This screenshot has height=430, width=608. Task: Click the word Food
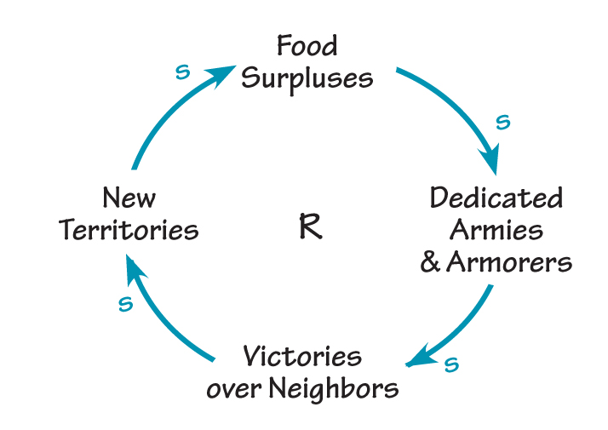[x=307, y=46]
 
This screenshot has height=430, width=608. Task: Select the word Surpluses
[x=307, y=78]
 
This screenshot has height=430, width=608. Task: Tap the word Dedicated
[x=496, y=198]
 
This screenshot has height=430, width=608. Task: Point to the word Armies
[x=496, y=230]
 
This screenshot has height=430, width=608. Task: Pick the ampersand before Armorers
[x=430, y=262]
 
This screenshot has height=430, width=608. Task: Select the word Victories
[x=302, y=356]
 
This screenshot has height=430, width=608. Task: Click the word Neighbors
[x=334, y=389]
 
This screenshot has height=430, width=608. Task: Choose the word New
[x=129, y=198]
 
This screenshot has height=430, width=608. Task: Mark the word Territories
[x=129, y=230]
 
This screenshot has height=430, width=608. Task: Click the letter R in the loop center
[x=311, y=228]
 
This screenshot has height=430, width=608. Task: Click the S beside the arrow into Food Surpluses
[x=181, y=72]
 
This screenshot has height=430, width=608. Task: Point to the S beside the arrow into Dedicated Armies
[x=502, y=123]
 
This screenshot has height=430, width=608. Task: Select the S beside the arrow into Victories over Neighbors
[x=451, y=365]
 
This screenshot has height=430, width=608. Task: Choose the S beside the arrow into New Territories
[x=126, y=303]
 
